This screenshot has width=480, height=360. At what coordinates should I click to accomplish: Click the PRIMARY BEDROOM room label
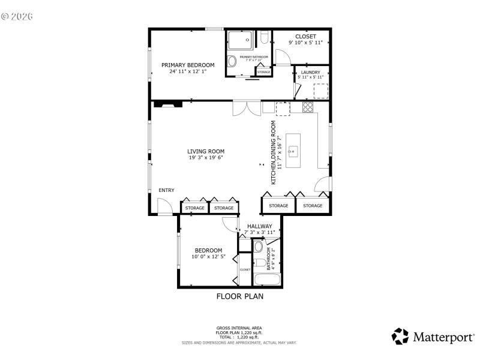(188, 65)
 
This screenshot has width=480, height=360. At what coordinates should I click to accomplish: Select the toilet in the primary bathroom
(265, 39)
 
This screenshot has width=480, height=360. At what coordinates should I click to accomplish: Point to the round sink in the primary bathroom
(232, 61)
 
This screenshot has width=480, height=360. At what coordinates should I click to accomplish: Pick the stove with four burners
(308, 108)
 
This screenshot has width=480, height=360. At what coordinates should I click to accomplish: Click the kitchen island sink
(293, 151)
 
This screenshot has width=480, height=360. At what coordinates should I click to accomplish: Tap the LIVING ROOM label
(205, 151)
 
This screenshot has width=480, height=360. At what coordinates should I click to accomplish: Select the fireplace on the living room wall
(167, 104)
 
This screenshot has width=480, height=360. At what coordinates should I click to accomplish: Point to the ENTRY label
(166, 190)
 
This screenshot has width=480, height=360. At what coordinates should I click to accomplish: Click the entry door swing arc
(164, 206)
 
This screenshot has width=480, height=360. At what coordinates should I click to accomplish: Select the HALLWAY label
(259, 226)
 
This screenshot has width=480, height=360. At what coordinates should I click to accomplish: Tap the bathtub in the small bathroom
(266, 280)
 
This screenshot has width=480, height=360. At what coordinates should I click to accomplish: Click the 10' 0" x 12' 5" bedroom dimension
(208, 257)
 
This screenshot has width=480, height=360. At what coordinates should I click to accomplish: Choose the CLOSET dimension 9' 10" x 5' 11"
(305, 43)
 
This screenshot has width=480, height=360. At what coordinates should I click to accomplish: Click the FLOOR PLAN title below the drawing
(239, 296)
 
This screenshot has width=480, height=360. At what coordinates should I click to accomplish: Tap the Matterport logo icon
(400, 337)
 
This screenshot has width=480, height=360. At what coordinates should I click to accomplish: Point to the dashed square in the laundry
(322, 91)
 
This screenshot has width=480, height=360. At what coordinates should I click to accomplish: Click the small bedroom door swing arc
(230, 224)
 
